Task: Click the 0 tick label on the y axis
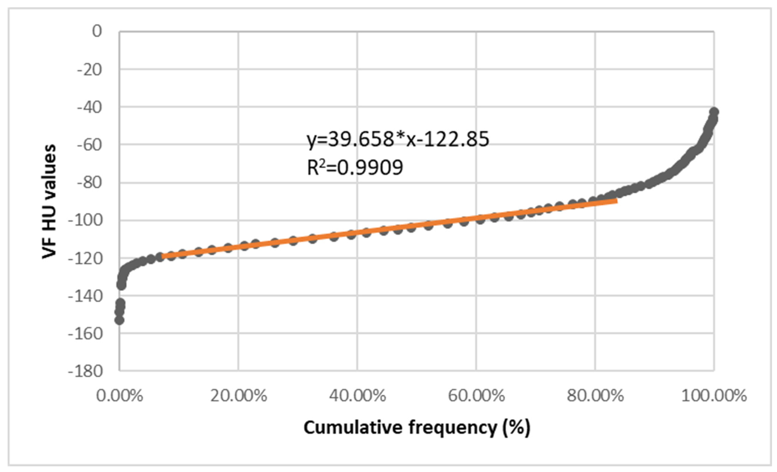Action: coord(97,31)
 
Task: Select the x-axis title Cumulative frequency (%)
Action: coord(417,428)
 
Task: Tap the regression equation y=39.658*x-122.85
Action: coord(398,139)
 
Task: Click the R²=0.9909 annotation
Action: coord(355,167)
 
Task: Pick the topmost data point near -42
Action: coord(714,112)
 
